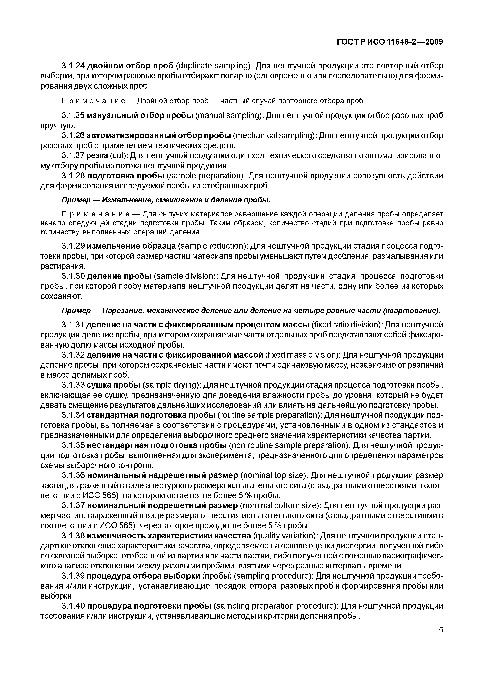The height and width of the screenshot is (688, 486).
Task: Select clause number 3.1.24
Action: [73, 66]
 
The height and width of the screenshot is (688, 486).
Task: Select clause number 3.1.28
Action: [73, 176]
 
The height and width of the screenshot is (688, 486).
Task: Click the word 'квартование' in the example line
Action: [412, 311]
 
